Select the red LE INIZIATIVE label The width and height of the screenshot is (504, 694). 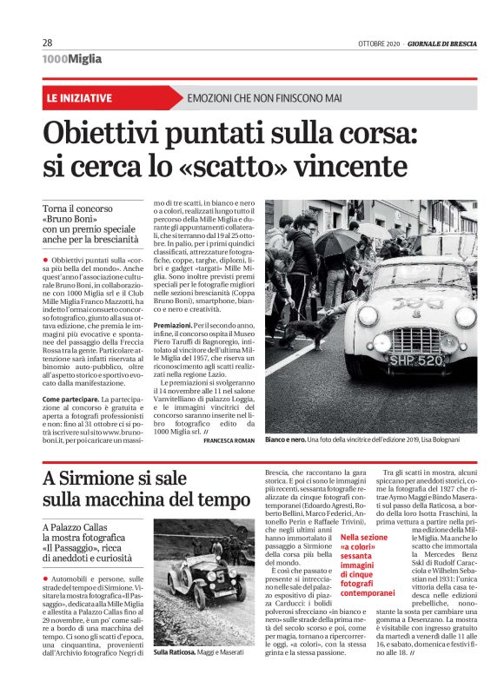79,98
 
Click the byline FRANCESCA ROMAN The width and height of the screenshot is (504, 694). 229,442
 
